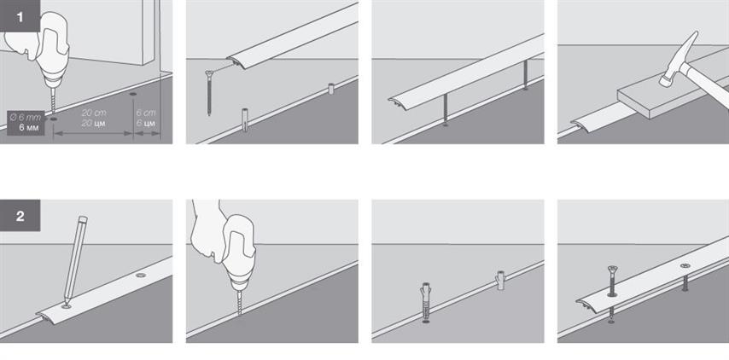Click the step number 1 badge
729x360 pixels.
pos(20,16)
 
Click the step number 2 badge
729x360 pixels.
pos(20,216)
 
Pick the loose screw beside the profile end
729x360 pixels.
pos(209,92)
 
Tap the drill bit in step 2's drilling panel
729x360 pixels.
pos(239,302)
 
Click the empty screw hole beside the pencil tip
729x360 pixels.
pos(140,276)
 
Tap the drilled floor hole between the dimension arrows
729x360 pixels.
pos(133,95)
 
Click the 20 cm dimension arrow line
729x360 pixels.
pos(93,133)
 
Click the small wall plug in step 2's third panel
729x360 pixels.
pos(500,280)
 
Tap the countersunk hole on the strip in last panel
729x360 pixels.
pos(685,265)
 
